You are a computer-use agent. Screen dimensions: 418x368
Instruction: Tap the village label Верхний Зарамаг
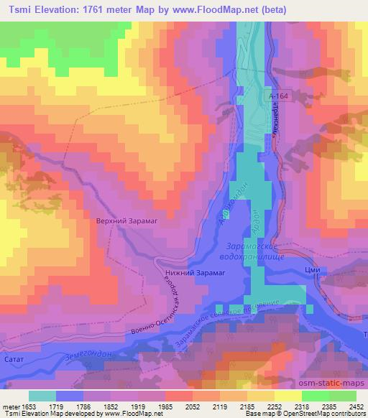(x=126, y=222)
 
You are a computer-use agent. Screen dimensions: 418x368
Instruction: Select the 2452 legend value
(x=356, y=407)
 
